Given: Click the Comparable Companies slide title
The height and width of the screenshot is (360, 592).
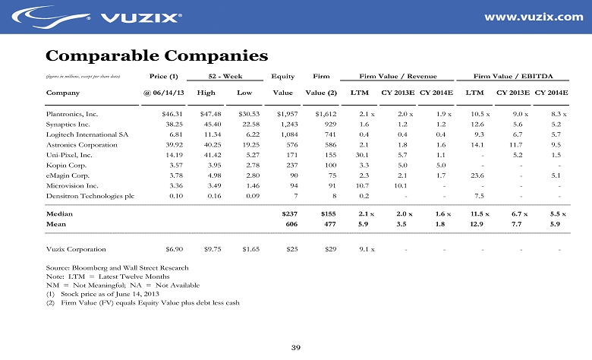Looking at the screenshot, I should (x=157, y=55).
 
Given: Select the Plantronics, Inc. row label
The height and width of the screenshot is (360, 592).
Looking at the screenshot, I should (x=72, y=113).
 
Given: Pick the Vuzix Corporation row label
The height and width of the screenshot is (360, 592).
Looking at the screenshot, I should (x=76, y=248).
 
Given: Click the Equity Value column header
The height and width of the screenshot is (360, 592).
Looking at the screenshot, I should (x=282, y=84).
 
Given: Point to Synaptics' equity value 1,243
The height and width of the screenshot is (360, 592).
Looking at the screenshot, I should (x=285, y=124).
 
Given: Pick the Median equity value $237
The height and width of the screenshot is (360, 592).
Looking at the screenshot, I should (x=286, y=215).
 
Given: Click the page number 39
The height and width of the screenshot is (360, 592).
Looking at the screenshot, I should (x=296, y=347).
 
